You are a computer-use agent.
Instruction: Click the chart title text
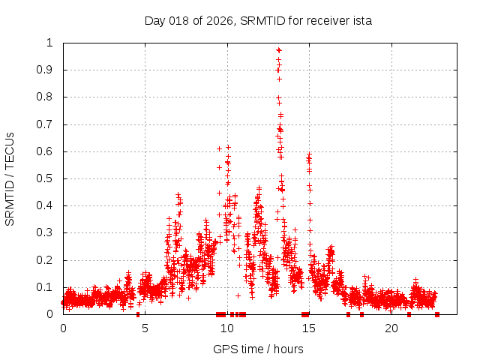(x=258, y=20)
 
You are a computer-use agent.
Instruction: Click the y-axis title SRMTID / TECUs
(x=10, y=178)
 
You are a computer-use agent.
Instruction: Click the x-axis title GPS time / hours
(x=258, y=349)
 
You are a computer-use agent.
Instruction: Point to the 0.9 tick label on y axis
(x=46, y=70)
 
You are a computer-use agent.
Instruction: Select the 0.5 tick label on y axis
(x=46, y=178)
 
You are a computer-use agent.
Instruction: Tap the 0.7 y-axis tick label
(x=46, y=124)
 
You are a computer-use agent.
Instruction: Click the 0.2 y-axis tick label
(x=46, y=260)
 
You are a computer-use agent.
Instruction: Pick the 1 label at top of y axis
(x=50, y=43)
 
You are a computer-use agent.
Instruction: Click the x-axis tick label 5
(x=145, y=328)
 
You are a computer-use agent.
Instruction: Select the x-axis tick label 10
(x=227, y=328)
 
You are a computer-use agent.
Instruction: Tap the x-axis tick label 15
(x=310, y=328)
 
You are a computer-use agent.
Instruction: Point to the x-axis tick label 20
(x=392, y=328)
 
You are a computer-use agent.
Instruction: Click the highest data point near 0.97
(x=278, y=50)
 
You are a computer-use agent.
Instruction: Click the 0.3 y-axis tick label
(x=46, y=233)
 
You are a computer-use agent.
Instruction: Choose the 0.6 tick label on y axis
(x=46, y=151)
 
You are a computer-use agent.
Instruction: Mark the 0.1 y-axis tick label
(x=46, y=287)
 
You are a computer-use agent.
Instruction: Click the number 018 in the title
(x=177, y=20)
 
